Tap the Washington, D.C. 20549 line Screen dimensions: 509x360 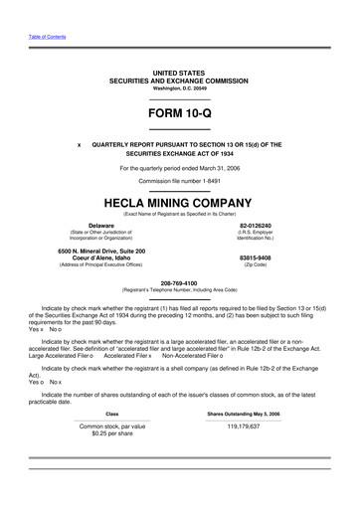click(180, 88)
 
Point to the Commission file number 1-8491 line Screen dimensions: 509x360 click(180, 181)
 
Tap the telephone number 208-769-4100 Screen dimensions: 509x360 click(180, 281)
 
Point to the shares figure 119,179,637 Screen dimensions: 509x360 click(243, 425)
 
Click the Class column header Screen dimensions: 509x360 click(112, 413)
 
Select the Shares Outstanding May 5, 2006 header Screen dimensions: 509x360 click(243, 413)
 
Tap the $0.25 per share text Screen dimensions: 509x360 click(112, 432)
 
